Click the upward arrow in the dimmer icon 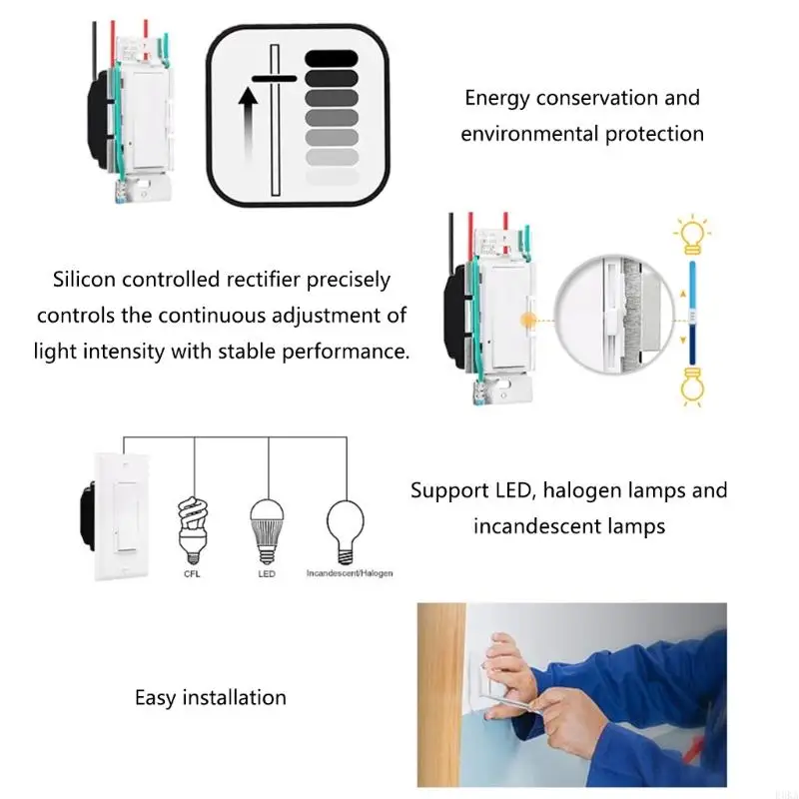(248, 123)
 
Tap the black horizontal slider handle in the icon (274, 79)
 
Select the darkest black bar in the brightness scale (332, 59)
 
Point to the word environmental (529, 134)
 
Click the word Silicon (84, 280)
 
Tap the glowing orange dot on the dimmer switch (528, 321)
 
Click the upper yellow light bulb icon (692, 236)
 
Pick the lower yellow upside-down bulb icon (692, 387)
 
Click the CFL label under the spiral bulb (192, 573)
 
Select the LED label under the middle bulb (267, 573)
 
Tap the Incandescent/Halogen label (350, 573)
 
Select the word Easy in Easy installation (155, 698)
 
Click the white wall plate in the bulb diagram (121, 516)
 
